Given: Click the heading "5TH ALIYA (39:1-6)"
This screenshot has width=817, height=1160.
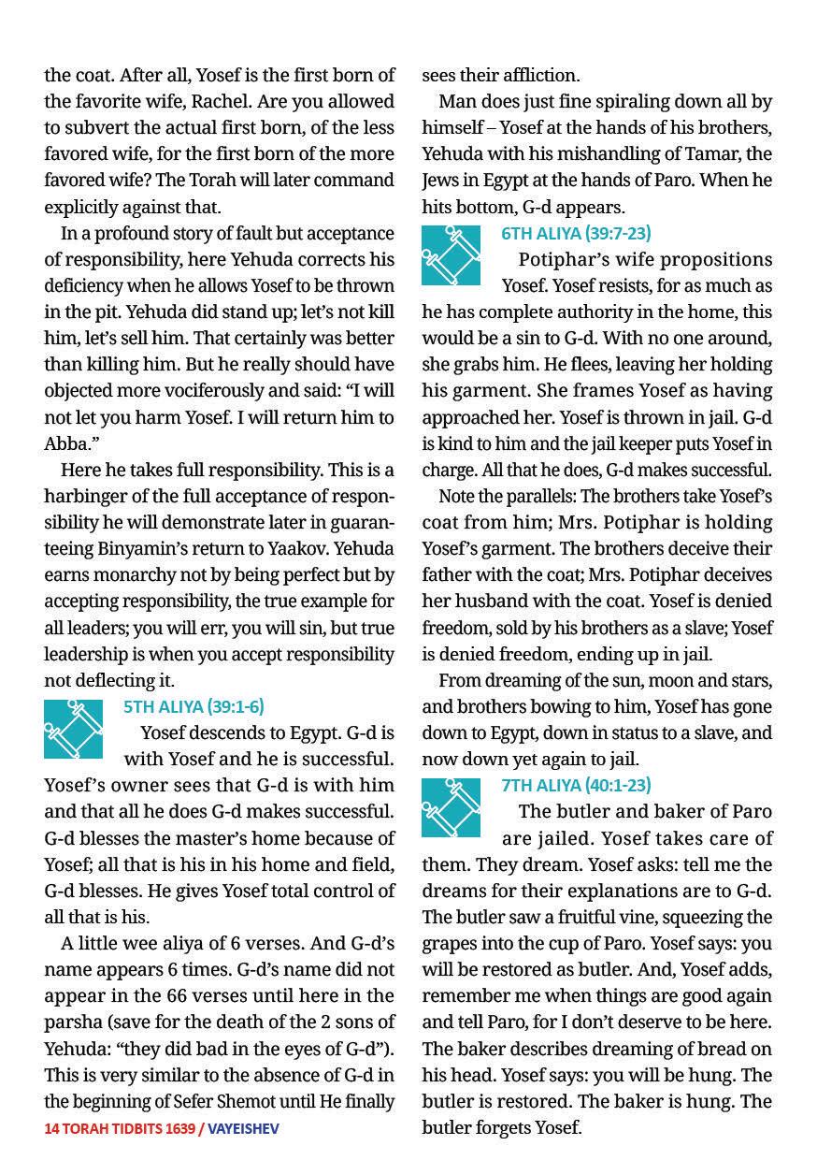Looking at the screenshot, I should coord(193,706).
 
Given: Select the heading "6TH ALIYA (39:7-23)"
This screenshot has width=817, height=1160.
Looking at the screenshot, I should coord(576,233).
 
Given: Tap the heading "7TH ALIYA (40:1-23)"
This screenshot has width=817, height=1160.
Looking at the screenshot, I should coord(576,785).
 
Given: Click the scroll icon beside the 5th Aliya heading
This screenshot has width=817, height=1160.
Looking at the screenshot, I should coord(73,729).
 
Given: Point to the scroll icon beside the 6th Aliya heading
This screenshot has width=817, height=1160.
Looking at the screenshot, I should coord(451,255).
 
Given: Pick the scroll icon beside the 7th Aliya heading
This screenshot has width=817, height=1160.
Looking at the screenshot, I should coord(451,807).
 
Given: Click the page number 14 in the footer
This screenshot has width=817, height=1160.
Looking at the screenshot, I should coord(51,1129).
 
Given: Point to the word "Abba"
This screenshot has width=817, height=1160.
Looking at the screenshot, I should coord(64,442).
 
